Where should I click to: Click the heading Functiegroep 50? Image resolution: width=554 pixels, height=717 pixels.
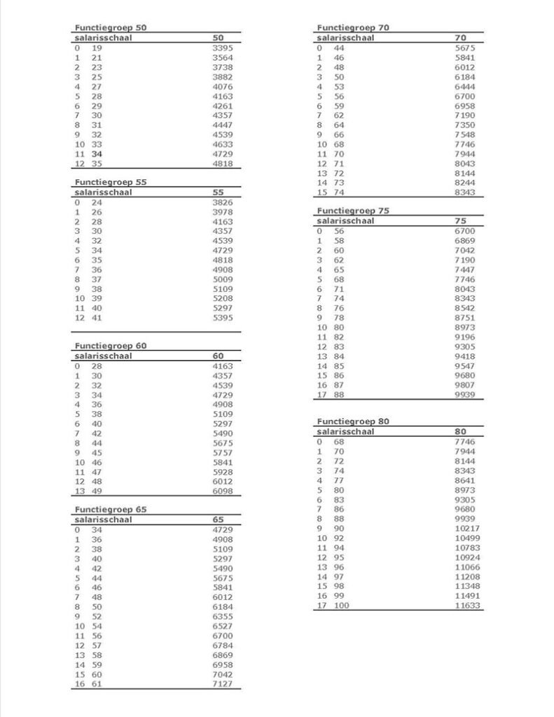pyautogui.click(x=111, y=28)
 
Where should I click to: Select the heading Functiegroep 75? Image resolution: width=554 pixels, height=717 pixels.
pyautogui.click(x=353, y=211)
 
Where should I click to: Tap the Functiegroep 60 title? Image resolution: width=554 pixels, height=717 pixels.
pyautogui.click(x=111, y=346)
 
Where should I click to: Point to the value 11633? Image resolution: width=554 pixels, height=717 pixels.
pyautogui.click(x=468, y=606)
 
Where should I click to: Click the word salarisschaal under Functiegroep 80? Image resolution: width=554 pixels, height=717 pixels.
pyautogui.click(x=345, y=432)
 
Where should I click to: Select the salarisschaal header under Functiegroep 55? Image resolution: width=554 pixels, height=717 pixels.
pyautogui.click(x=104, y=192)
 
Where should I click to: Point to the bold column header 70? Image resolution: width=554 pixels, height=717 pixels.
pyautogui.click(x=460, y=38)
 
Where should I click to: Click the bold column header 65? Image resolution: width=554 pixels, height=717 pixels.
pyautogui.click(x=218, y=520)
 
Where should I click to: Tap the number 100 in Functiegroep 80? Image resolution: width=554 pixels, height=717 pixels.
pyautogui.click(x=341, y=606)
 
